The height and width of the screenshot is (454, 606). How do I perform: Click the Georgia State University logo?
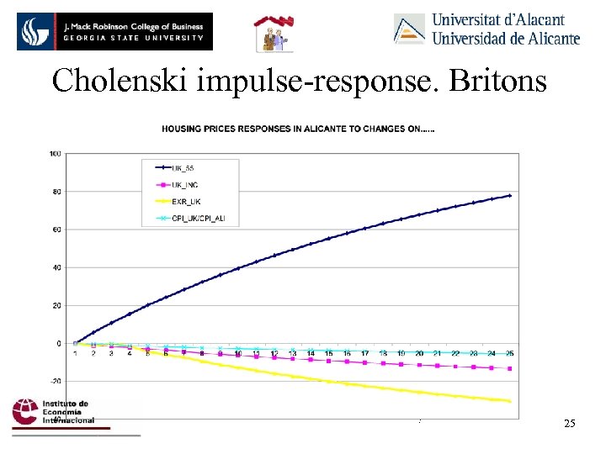click(115, 31)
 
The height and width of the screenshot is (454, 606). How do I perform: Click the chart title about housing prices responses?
click(292, 129)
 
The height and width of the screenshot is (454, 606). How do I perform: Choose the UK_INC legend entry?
click(187, 185)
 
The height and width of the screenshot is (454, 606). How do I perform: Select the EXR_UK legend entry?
click(187, 202)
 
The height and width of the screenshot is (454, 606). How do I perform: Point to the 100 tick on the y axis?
click(55, 153)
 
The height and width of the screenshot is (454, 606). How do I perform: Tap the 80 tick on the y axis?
click(56, 192)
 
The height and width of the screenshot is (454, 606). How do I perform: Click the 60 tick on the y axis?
click(56, 230)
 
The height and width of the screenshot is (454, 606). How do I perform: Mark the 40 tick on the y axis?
click(56, 267)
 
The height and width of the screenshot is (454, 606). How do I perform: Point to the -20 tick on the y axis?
click(56, 381)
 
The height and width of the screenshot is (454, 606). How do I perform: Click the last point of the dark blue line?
click(510, 195)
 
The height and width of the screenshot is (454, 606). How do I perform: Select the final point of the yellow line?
click(510, 401)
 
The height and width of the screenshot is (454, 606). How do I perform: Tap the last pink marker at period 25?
click(510, 368)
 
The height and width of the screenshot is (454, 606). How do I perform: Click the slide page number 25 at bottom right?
click(570, 423)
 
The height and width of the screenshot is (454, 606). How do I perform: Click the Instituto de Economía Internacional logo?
click(52, 412)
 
